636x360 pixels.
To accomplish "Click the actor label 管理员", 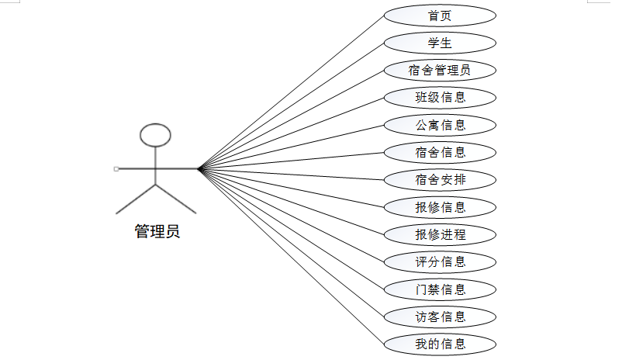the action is [157, 232].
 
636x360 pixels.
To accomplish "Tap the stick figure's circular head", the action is [155, 135].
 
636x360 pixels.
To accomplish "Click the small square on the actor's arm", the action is [116, 168].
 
